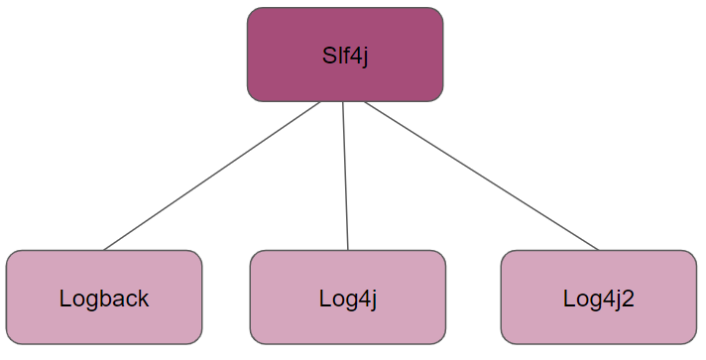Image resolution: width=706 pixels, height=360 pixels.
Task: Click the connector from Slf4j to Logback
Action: coord(212,176)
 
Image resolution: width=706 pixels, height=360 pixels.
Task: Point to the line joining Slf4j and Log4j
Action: coord(345,176)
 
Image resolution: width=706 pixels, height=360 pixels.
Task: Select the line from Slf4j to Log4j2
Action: coord(481,176)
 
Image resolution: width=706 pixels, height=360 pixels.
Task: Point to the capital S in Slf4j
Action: coord(329,55)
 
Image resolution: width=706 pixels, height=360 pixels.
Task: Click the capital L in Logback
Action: coord(65,298)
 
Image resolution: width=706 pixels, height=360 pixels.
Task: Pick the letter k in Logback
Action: coord(143,298)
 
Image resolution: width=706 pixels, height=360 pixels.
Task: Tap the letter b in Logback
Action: coord(105,298)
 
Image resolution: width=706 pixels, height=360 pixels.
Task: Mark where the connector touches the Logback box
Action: coord(104,250)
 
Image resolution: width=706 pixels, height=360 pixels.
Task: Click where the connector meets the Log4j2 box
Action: coord(599,250)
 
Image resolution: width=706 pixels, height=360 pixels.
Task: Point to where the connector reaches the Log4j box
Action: coord(348,250)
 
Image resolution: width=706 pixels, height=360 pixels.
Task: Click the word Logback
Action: coord(104,298)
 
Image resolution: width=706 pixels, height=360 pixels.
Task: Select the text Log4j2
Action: coord(598,298)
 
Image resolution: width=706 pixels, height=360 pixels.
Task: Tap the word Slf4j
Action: coord(345,55)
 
